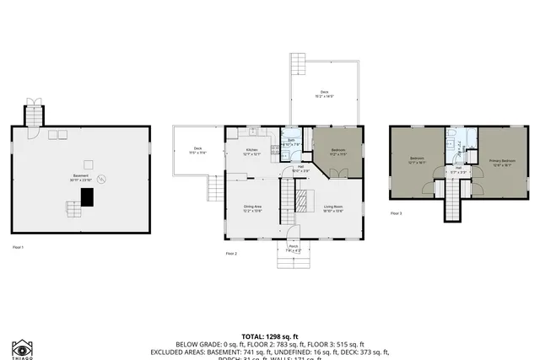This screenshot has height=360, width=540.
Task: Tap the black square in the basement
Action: click(x=86, y=196)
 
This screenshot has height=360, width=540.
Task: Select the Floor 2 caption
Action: click(x=231, y=253)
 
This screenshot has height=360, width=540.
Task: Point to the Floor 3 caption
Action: click(x=396, y=213)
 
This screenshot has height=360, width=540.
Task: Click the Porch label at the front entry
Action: click(x=293, y=248)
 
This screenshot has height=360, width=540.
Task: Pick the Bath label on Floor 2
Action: click(x=290, y=142)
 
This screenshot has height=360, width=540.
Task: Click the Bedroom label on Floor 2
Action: click(x=337, y=152)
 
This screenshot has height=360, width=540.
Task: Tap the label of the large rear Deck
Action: click(x=324, y=94)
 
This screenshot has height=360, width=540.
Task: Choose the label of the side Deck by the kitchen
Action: click(x=197, y=151)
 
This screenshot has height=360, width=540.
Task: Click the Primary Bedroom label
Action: click(x=500, y=161)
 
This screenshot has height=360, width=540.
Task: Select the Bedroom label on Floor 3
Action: click(x=418, y=159)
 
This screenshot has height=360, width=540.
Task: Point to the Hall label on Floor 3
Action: click(x=458, y=169)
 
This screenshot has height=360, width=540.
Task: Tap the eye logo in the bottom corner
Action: click(x=22, y=346)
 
